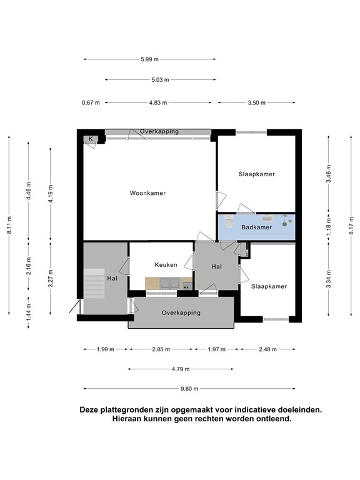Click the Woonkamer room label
[x=147, y=193]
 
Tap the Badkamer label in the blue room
[x=256, y=227]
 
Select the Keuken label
[x=166, y=265]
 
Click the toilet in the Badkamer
[x=229, y=221]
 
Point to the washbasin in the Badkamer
[x=267, y=218]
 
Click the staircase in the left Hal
[x=94, y=284]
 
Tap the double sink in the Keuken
[x=170, y=283]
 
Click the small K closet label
[x=91, y=139]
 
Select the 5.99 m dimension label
[x=150, y=59]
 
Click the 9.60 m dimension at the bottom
[x=189, y=389]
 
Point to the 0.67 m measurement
[x=91, y=103]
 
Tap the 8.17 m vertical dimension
[x=351, y=226]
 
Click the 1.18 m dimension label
[x=329, y=227]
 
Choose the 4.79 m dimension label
[x=181, y=369]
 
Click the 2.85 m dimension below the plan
[x=161, y=349]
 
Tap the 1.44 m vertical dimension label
[x=29, y=312]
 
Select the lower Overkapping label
[x=181, y=313]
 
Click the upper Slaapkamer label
[x=257, y=174]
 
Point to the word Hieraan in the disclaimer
[x=125, y=419]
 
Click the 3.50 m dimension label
[x=256, y=103]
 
